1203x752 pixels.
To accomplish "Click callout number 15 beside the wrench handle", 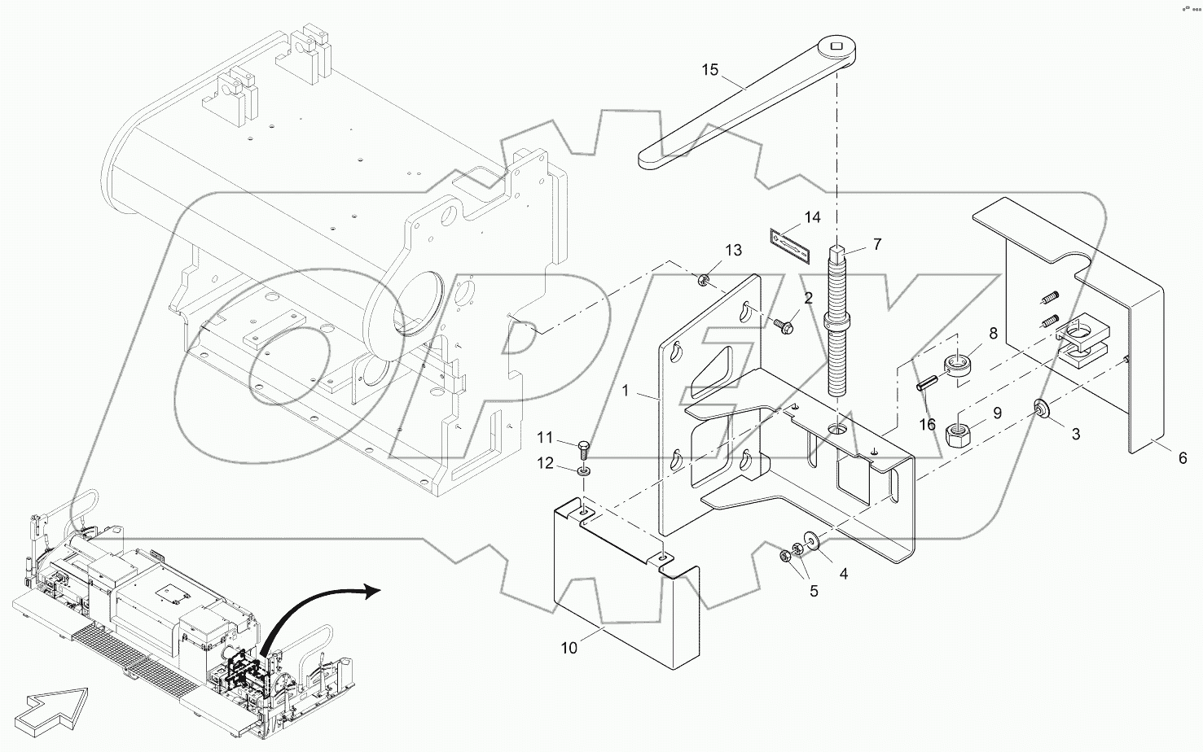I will pos(709,70).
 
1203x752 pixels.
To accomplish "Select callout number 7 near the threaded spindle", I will pos(876,243).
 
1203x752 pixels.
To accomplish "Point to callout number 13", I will pos(733,251).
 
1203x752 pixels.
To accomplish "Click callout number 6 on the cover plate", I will pos(1183,458).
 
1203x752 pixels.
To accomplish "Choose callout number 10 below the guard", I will pos(569,648).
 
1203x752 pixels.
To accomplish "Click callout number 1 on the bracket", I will pos(626,391).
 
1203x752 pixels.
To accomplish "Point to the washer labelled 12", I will pos(584,471).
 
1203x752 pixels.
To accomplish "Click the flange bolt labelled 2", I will pos(783,326).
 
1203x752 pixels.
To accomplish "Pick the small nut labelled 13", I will pos(705,282).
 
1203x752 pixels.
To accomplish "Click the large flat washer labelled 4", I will pos(812,541).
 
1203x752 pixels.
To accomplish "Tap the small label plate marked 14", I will pos(789,243).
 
